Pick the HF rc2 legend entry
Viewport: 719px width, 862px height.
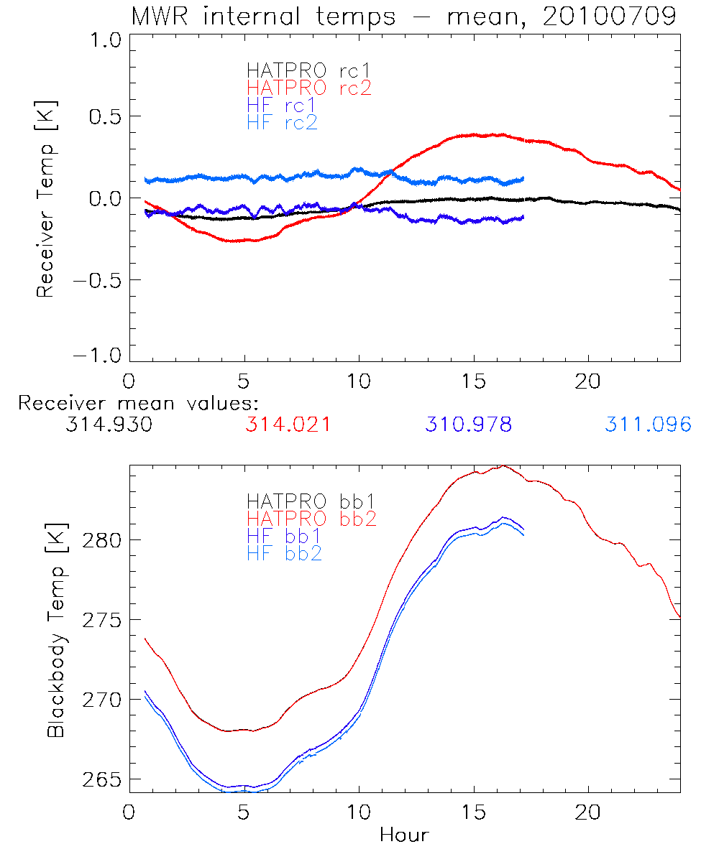tap(282, 123)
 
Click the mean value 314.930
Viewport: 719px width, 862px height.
tap(108, 425)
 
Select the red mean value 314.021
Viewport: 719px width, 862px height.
tap(288, 425)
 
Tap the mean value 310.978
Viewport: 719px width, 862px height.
tap(468, 425)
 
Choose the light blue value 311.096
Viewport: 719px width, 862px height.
tap(648, 425)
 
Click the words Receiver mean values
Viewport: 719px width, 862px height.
tap(138, 403)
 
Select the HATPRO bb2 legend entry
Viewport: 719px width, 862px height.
tap(311, 518)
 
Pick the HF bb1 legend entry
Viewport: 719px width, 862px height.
tap(283, 536)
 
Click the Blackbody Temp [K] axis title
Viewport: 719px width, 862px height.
tap(57, 629)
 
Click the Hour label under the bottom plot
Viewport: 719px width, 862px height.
tap(404, 835)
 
